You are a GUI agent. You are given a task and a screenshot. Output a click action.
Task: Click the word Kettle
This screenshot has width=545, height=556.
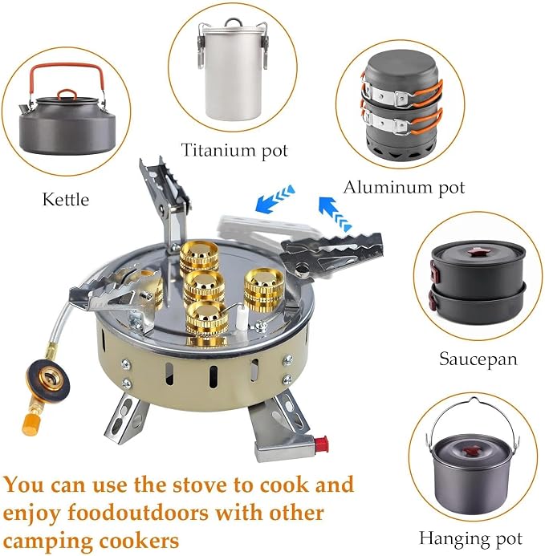coord(66,199)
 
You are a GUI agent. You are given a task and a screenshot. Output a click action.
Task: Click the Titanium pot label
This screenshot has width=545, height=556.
coord(234,150)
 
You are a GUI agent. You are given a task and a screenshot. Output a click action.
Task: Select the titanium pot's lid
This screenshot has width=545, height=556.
coord(233,27)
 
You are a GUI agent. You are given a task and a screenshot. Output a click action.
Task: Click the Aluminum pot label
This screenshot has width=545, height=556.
coord(404,188)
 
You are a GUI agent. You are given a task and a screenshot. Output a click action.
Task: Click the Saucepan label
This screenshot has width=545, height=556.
coord(478,359)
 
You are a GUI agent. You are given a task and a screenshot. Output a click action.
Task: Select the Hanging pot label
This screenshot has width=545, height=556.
coord(471,538)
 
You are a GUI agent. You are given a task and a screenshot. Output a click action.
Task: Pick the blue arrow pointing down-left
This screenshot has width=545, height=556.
coord(275,199)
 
